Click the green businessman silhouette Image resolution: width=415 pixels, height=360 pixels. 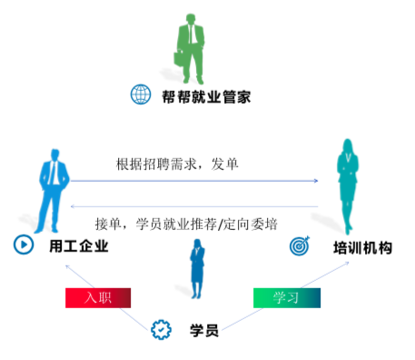click(x=191, y=48)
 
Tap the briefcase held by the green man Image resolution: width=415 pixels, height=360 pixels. click(x=179, y=58)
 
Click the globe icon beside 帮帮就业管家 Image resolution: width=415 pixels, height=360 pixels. click(x=141, y=95)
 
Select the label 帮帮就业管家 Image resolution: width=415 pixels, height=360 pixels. click(x=206, y=97)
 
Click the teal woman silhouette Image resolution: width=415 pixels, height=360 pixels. click(x=348, y=185)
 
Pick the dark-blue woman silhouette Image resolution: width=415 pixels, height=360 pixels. click(x=197, y=268)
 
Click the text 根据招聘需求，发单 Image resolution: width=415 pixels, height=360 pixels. click(x=177, y=165)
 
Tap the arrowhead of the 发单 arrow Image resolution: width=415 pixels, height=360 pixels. click(x=316, y=181)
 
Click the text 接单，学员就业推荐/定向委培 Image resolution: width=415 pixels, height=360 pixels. click(x=186, y=225)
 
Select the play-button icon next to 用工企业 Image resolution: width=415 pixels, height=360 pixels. click(x=24, y=245)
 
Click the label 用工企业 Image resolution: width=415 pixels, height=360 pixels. click(x=79, y=246)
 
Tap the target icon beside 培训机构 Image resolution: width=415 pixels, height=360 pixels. click(x=300, y=245)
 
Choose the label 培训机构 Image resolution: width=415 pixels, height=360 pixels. click(x=362, y=248)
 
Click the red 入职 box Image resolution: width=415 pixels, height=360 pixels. click(x=98, y=298)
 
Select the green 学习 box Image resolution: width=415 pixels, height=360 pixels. click(x=287, y=298)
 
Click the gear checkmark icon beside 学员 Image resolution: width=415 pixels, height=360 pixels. click(x=161, y=330)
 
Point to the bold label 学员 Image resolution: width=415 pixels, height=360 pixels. click(x=204, y=330)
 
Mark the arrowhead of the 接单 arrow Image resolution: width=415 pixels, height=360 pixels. click(x=73, y=206)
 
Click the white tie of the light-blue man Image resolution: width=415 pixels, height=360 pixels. click(x=54, y=173)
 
